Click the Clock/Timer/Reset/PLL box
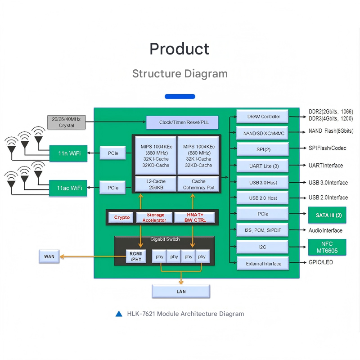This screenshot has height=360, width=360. pyautogui.click(x=182, y=122)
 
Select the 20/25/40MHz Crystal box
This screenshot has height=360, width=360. pyautogui.click(x=67, y=122)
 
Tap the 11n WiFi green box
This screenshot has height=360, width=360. pyautogui.click(x=68, y=153)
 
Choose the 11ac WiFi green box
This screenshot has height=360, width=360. pyautogui.click(x=68, y=188)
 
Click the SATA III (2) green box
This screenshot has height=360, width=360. pyautogui.click(x=327, y=215)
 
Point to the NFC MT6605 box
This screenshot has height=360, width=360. pyautogui.click(x=327, y=247)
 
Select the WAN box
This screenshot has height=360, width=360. pyautogui.click(x=49, y=256)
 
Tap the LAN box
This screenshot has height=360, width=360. pyautogui.click(x=181, y=292)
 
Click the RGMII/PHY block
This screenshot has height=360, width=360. pyautogui.click(x=136, y=256)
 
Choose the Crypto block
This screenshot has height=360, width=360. pyautogui.click(x=121, y=217)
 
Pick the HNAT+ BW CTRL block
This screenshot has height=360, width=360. pyautogui.click(x=194, y=217)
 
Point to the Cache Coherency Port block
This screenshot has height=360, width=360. pyautogui.click(x=198, y=184)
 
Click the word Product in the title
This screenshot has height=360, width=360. pyautogui.click(x=180, y=49)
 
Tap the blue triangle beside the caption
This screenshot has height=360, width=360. pyautogui.click(x=119, y=314)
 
